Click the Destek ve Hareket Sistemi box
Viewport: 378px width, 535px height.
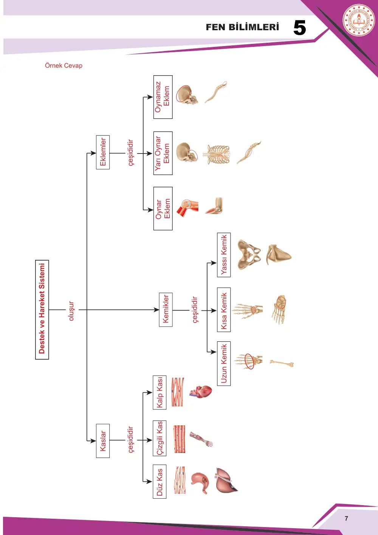click(42, 310)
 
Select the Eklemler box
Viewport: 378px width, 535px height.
click(103, 152)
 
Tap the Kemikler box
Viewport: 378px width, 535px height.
click(166, 310)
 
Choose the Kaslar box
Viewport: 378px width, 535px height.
click(103, 440)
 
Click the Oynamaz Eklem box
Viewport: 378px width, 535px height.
click(163, 97)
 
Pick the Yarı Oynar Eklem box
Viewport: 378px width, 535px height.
click(163, 153)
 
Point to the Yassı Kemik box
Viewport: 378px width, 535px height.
click(224, 255)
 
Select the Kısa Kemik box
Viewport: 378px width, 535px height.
click(224, 310)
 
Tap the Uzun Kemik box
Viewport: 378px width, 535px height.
click(224, 363)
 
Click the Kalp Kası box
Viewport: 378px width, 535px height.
click(160, 392)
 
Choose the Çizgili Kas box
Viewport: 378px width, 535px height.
click(160, 438)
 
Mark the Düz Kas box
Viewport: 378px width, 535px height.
click(160, 482)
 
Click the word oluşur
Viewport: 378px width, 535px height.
click(71, 311)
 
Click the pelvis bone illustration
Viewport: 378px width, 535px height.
click(249, 255)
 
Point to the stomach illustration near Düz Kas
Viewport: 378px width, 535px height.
click(200, 483)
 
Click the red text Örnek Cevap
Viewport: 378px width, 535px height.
click(64, 65)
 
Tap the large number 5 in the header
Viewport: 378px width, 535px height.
click(300, 28)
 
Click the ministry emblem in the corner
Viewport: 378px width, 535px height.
click(359, 20)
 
